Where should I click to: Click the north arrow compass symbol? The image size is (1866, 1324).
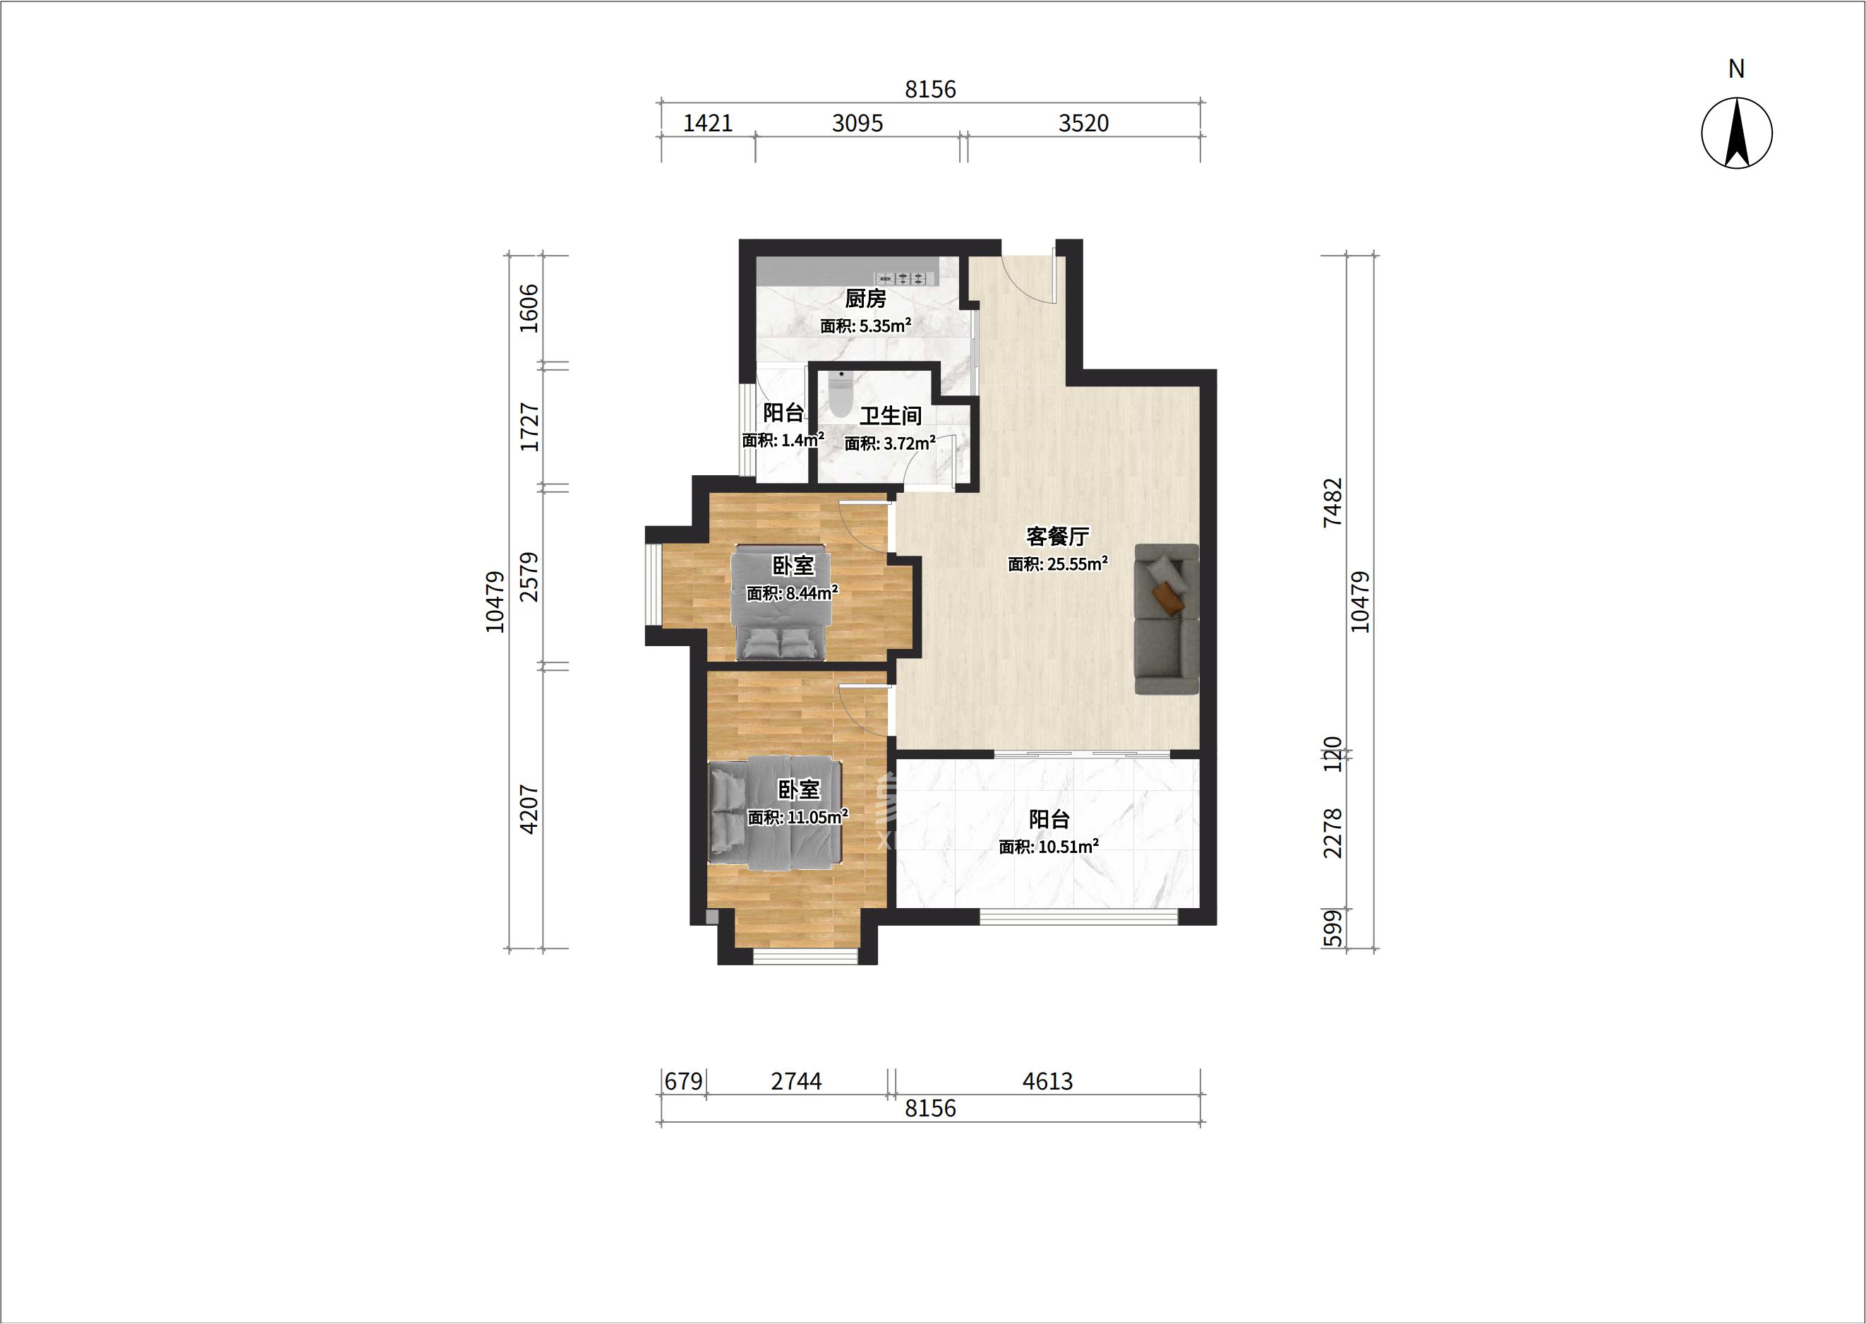1736,133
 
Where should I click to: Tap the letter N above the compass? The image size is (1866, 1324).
1736,69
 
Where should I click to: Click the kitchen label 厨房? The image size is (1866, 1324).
865,299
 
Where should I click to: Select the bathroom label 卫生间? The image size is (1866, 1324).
891,416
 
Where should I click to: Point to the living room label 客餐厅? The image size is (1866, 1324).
1058,536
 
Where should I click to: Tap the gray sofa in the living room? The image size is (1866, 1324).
1167,619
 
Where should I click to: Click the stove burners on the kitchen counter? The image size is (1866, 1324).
902,279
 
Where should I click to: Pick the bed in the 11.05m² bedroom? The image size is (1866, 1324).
775,812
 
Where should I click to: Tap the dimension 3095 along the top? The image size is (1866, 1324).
857,123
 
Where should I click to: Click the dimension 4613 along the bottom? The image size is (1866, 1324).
1048,1081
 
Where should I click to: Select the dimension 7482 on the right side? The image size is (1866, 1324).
1333,502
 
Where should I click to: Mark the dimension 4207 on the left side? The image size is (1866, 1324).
529,809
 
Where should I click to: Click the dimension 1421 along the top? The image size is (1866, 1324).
707,123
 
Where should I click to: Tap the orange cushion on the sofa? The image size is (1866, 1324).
1168,597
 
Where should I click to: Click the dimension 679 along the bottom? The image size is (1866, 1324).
684,1081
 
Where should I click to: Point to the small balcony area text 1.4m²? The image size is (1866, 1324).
802,439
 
